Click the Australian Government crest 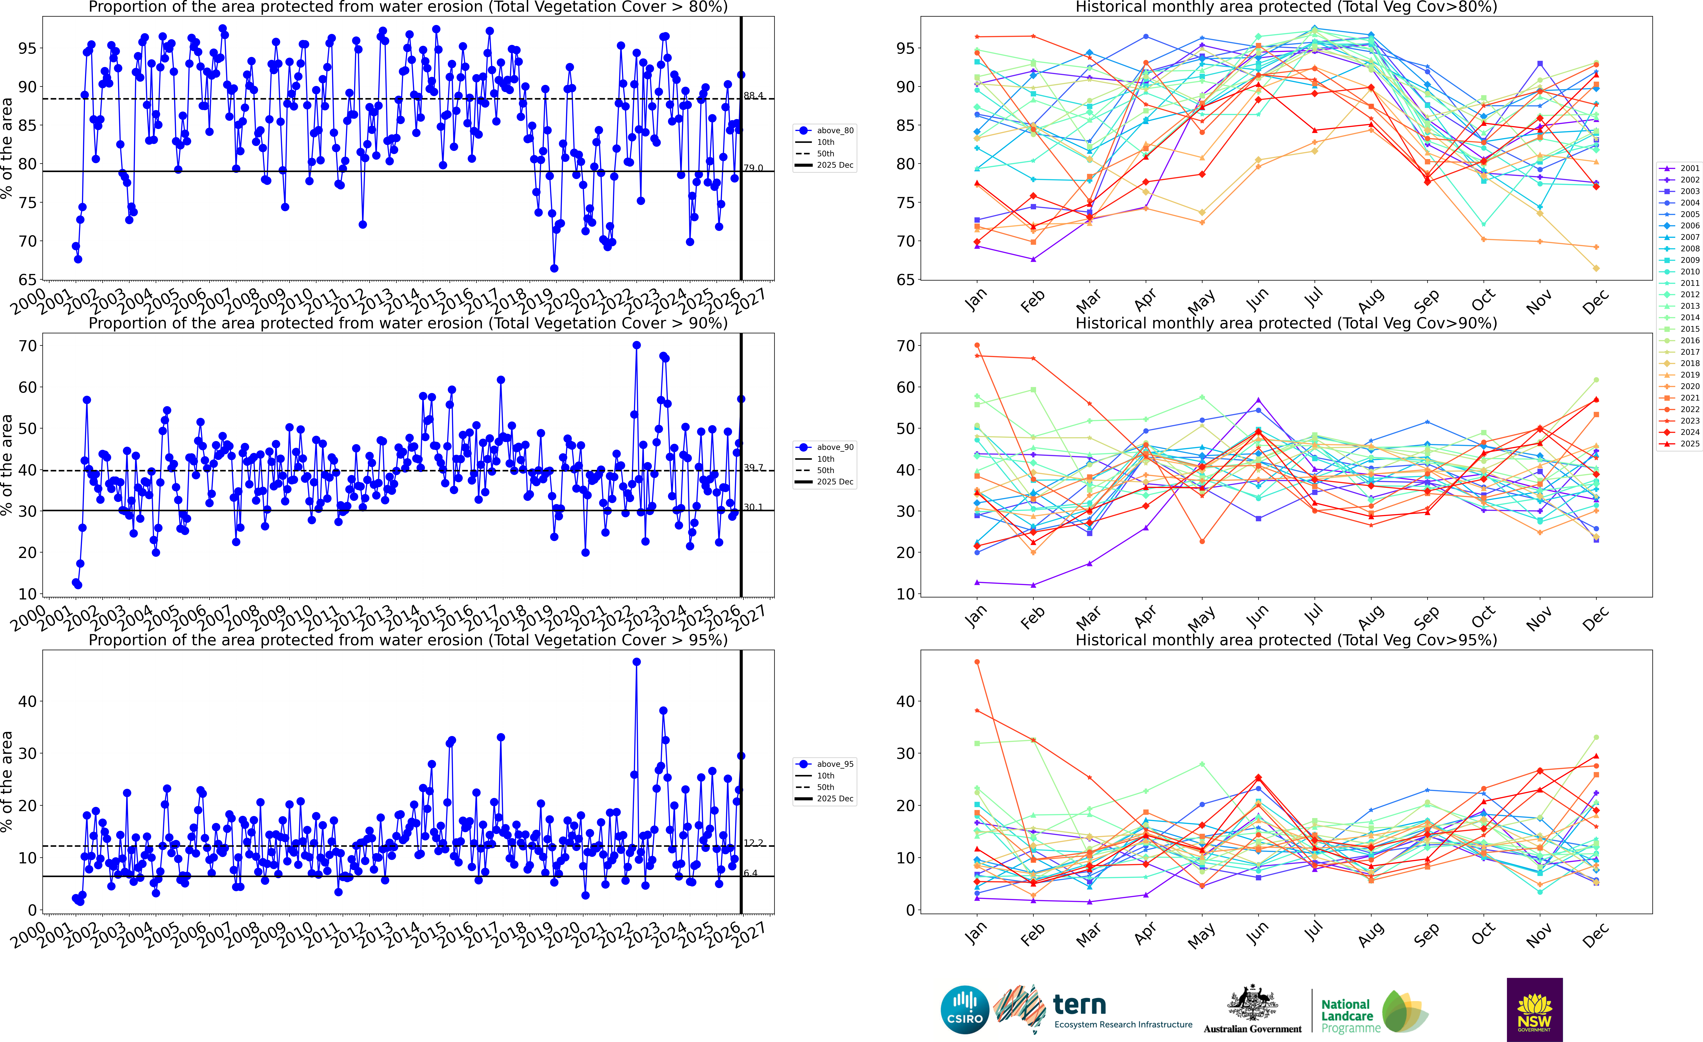point(1252,1003)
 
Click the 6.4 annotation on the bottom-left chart point(751,873)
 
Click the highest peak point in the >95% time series point(637,662)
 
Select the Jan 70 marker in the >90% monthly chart point(977,346)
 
